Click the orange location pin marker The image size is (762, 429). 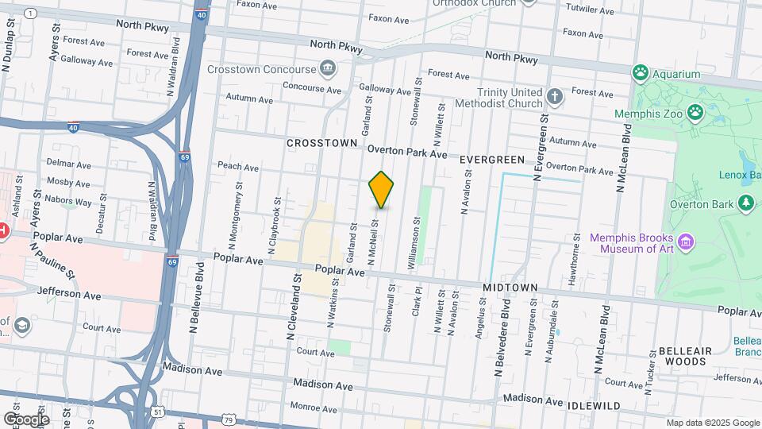pos(382,189)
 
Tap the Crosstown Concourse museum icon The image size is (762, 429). pos(326,68)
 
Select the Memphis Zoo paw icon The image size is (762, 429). pos(696,112)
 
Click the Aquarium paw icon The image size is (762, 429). pos(641,73)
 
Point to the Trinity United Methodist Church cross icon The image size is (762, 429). pos(555,98)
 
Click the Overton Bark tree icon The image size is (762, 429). pos(745,203)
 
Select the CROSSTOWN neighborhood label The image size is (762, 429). pos(322,143)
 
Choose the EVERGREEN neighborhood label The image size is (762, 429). pos(492,160)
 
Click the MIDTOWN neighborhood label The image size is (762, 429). pos(511,287)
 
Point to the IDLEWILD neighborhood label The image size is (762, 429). pos(594,406)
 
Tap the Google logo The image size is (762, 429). pos(26,419)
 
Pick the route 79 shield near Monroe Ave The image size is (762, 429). pos(229,419)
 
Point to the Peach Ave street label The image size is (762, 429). pos(238,168)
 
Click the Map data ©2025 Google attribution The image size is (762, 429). pos(712,423)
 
